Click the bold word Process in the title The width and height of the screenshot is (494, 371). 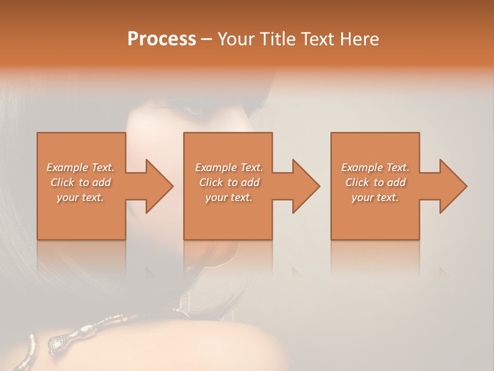click(162, 39)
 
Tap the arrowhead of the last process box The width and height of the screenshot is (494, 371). click(452, 186)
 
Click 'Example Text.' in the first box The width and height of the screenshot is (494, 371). click(81, 167)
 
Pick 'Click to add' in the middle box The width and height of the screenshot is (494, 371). click(229, 182)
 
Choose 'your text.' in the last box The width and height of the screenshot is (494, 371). click(375, 197)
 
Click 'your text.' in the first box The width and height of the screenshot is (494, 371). click(81, 197)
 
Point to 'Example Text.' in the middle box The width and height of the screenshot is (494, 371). click(229, 167)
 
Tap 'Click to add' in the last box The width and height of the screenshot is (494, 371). click(375, 182)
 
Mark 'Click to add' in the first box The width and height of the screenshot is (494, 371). click(81, 182)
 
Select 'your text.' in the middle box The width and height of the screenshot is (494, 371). click(229, 197)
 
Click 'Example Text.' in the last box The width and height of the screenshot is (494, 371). click(375, 167)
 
